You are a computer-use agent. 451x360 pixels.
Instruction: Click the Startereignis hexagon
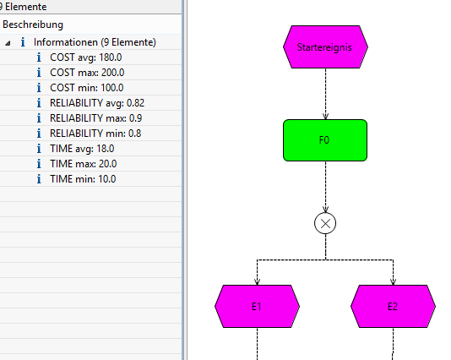pos(325,47)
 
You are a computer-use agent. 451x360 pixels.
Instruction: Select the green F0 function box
pos(325,140)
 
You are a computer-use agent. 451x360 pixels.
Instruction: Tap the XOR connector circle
pos(325,223)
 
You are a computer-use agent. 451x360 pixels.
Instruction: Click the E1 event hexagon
pos(257,306)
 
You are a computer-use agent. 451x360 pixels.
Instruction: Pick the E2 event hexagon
pos(394,306)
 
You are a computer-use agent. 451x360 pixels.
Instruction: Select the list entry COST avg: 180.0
pos(85,57)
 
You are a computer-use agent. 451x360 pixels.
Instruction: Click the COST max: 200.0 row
pos(87,73)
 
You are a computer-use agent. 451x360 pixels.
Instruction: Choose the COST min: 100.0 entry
pos(87,88)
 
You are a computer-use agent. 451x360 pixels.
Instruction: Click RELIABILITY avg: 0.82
pos(97,103)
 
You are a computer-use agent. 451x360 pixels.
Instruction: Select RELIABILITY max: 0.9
pos(95,118)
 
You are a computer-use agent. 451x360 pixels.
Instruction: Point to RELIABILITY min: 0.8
pos(95,134)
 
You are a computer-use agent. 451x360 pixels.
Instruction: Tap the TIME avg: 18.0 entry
pos(82,149)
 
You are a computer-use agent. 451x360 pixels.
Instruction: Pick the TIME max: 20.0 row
pos(83,164)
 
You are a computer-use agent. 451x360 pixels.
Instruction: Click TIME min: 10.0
pos(83,179)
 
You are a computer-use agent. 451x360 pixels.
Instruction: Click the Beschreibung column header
pos(33,25)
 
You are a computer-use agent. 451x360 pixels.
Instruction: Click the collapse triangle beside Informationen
pos(8,43)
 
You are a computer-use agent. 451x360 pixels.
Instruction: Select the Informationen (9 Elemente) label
pos(95,42)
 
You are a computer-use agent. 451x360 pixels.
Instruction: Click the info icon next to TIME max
pos(39,164)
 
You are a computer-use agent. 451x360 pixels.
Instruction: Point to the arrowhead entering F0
pos(326,117)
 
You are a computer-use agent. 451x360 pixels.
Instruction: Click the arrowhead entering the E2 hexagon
pos(394,282)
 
